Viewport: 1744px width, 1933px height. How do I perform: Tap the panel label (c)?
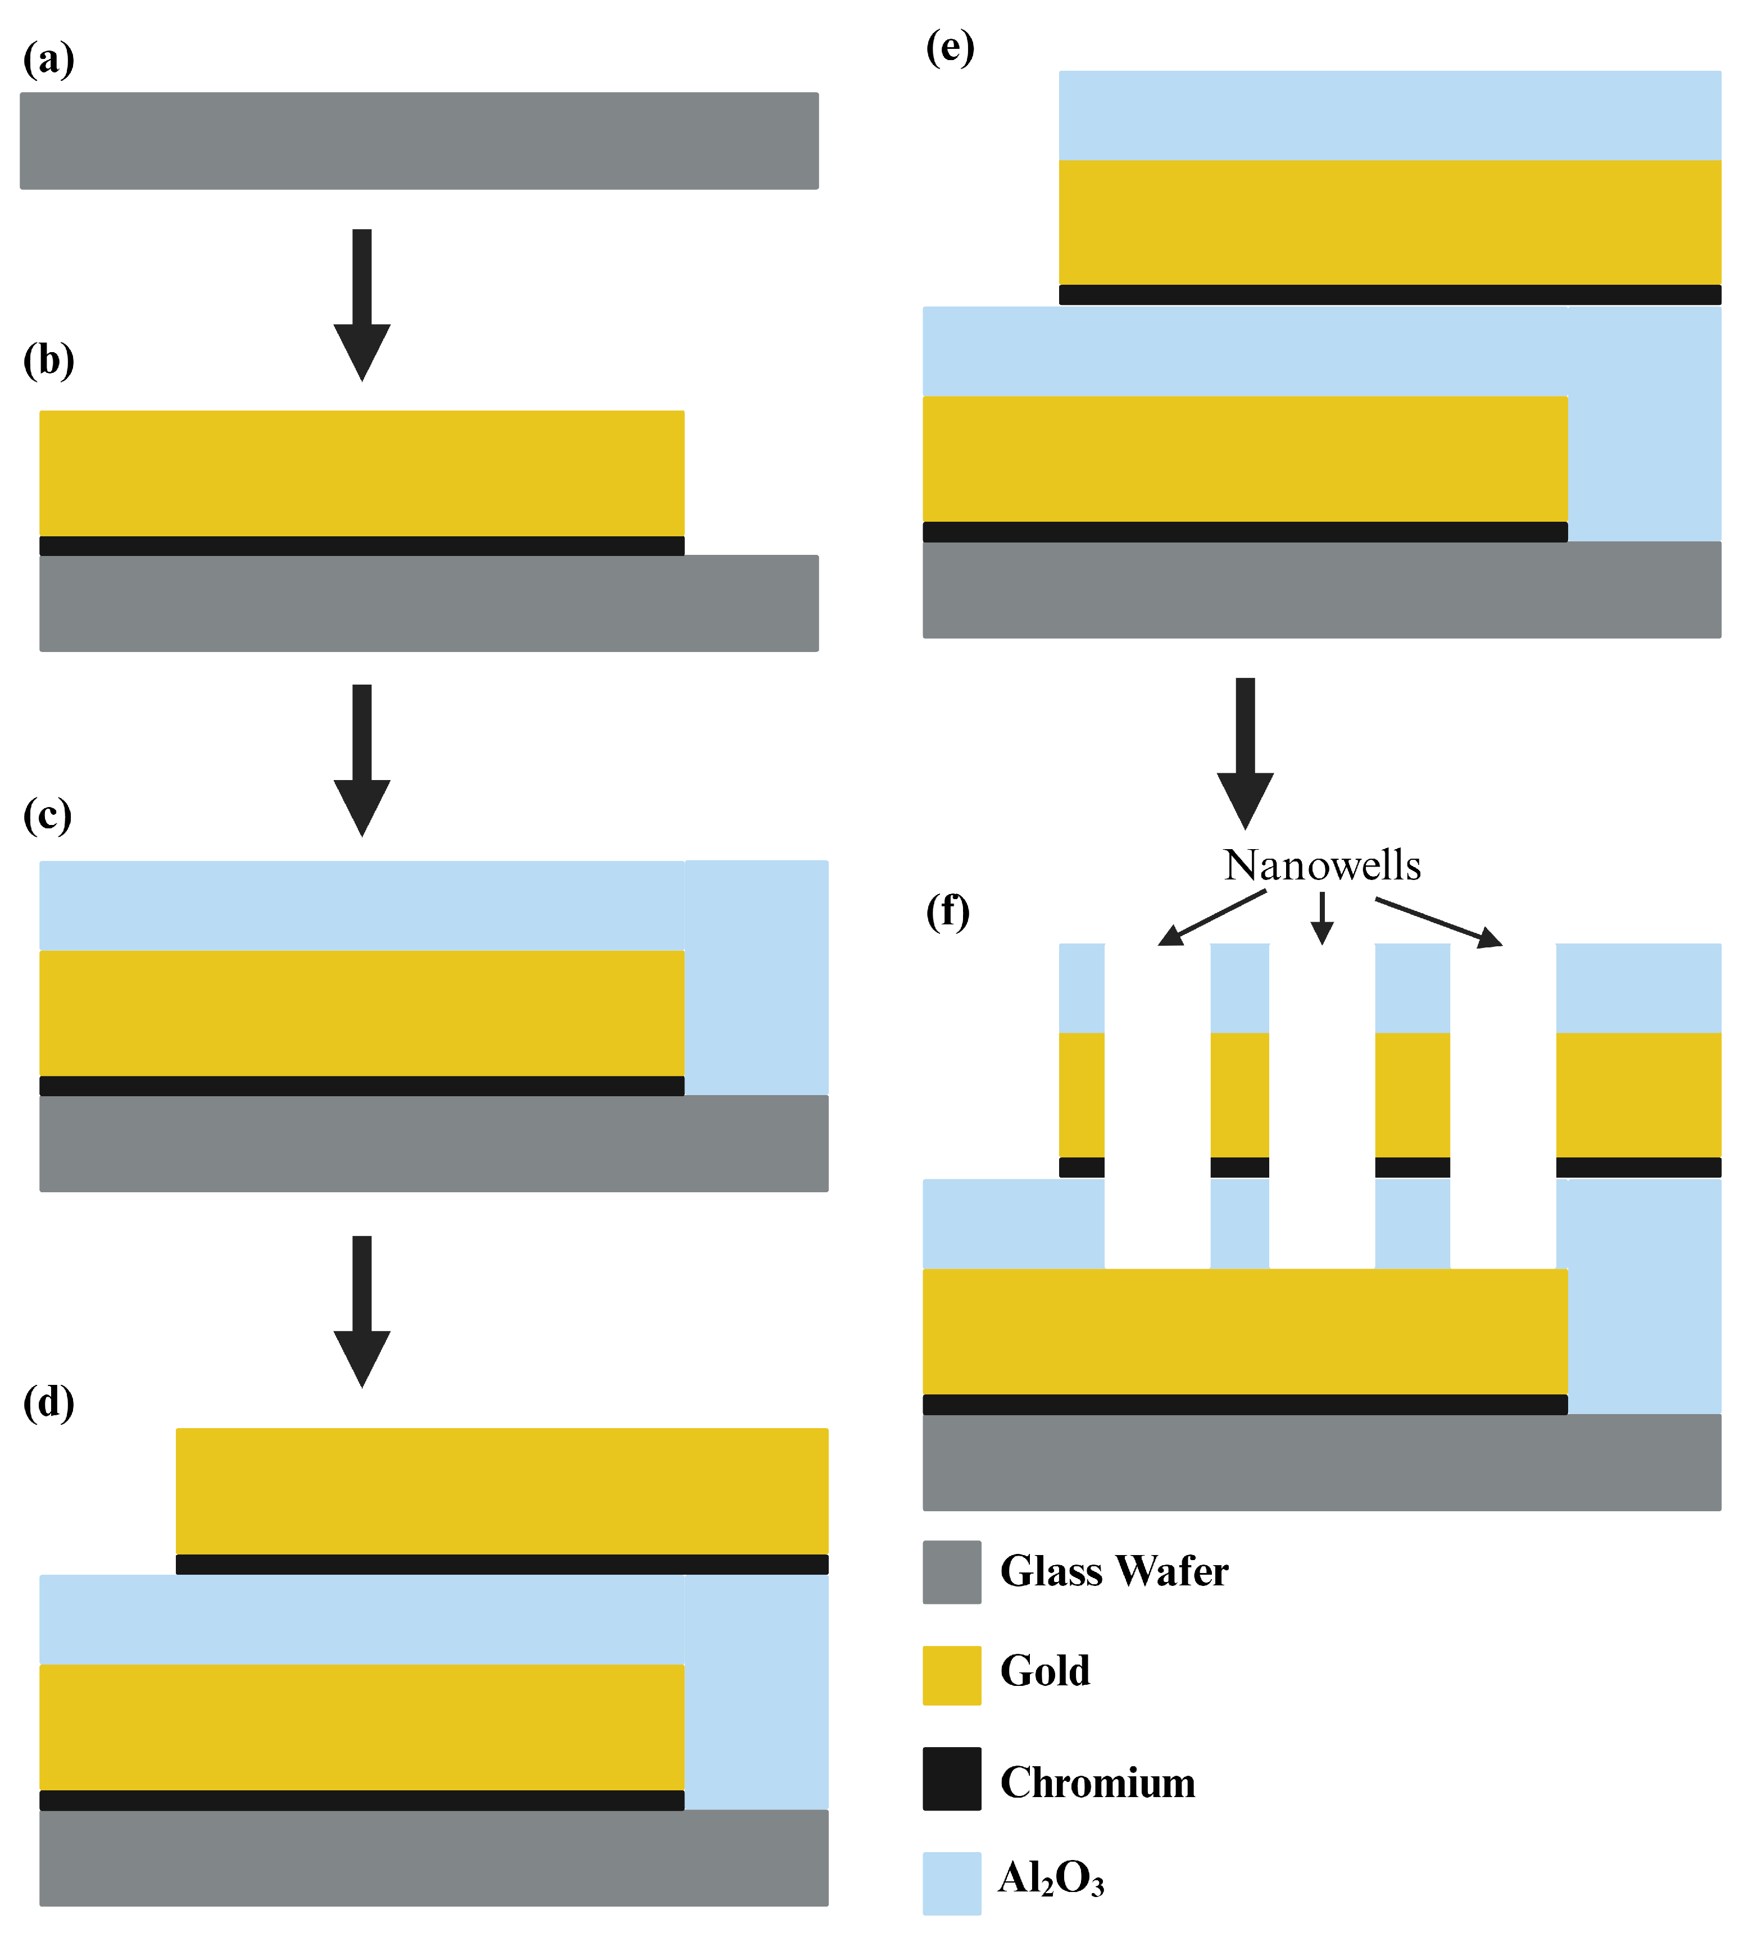pos(47,815)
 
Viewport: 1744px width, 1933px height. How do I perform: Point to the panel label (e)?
pos(950,47)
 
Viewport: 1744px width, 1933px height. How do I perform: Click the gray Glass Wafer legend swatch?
pos(952,1572)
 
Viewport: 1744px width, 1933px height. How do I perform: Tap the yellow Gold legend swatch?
pos(952,1675)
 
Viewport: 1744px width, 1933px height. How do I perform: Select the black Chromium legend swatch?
pos(952,1779)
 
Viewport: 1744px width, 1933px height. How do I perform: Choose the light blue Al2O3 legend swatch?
pos(952,1883)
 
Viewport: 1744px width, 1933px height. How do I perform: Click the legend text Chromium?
pos(1097,1782)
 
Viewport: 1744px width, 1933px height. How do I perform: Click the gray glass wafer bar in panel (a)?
pos(419,141)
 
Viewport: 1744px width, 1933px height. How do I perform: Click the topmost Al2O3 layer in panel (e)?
pos(1389,115)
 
